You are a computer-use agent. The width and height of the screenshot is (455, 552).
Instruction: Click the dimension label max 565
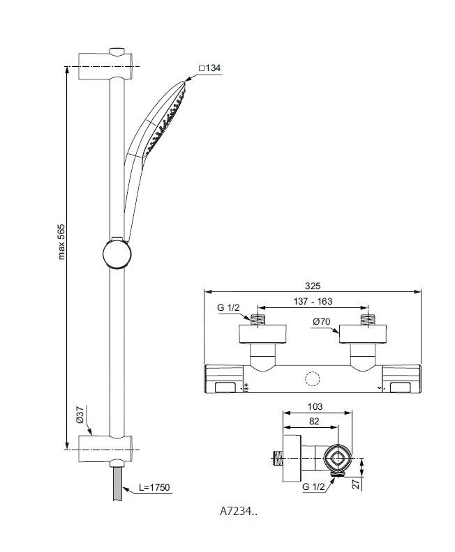(61, 242)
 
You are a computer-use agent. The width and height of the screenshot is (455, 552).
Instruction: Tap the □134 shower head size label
(209, 68)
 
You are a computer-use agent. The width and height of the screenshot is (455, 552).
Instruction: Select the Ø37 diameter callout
(80, 415)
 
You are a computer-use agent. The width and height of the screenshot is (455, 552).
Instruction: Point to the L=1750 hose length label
(154, 487)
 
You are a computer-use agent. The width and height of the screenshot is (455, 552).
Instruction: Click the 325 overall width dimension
(313, 286)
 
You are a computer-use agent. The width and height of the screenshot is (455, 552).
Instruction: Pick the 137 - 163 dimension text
(313, 301)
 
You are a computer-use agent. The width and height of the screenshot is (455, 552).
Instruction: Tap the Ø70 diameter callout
(322, 321)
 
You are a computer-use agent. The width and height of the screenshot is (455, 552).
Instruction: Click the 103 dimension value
(315, 406)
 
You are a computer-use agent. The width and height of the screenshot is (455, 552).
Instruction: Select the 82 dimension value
(313, 421)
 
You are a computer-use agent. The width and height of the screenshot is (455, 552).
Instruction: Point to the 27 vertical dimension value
(357, 483)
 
